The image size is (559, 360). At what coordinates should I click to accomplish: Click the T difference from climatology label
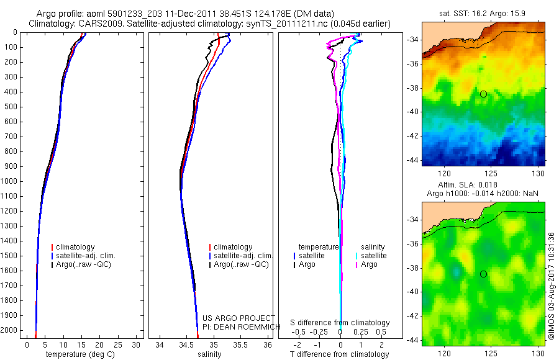[339, 354]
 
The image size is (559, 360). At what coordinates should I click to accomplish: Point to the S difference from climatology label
[340, 323]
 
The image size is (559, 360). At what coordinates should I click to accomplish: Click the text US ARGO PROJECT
[238, 318]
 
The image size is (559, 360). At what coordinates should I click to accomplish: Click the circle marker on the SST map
[483, 94]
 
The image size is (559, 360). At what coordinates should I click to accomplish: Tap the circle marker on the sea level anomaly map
[483, 274]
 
